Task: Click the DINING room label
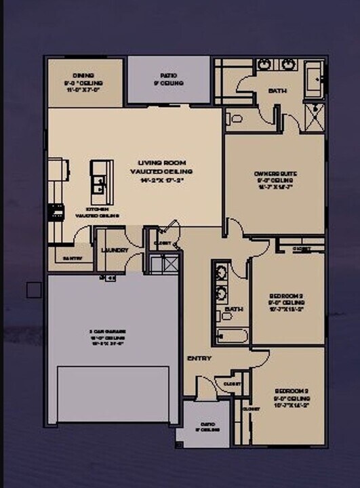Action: click(83, 75)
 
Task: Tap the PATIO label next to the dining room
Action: click(168, 76)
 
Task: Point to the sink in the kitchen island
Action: click(99, 182)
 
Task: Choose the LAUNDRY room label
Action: click(115, 250)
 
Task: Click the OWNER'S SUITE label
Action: click(276, 174)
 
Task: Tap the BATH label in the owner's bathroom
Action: click(277, 90)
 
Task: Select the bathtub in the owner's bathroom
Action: click(314, 79)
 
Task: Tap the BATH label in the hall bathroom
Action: click(234, 309)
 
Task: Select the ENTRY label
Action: click(198, 358)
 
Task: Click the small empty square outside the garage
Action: click(34, 290)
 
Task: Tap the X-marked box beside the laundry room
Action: click(165, 263)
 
